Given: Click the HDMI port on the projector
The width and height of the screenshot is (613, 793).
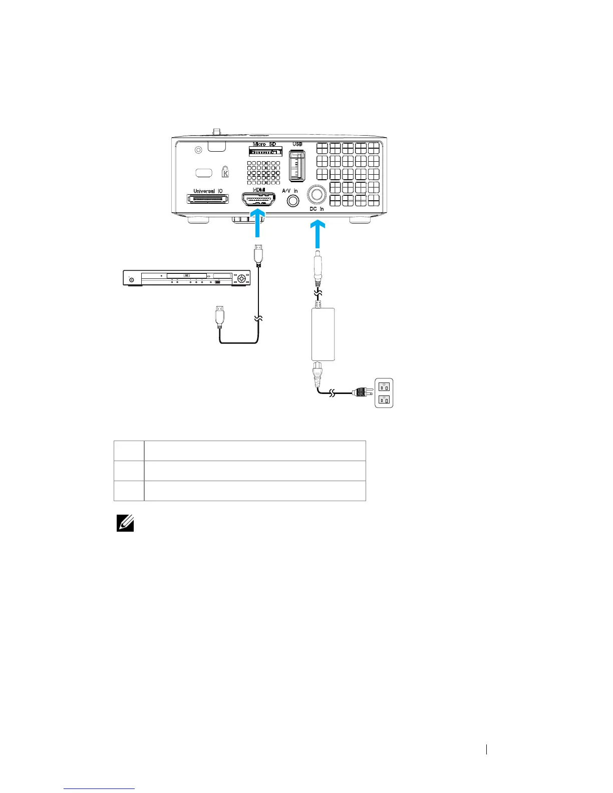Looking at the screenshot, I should pyautogui.click(x=258, y=199).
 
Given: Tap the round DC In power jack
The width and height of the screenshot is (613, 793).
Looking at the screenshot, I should pyautogui.click(x=316, y=195).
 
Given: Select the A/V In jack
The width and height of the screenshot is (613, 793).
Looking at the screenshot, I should pyautogui.click(x=292, y=201).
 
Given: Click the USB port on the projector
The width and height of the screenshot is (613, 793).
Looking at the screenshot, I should pyautogui.click(x=297, y=165).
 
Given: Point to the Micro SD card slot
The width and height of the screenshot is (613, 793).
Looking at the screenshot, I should pyautogui.click(x=265, y=152).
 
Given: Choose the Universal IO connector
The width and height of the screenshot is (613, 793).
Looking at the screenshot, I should pyautogui.click(x=208, y=199).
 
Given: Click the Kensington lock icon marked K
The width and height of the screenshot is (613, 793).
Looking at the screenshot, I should pyautogui.click(x=225, y=172).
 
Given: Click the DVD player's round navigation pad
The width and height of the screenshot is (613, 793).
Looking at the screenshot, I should pyautogui.click(x=243, y=278).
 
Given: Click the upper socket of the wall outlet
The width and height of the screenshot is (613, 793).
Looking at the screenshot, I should pyautogui.click(x=384, y=386).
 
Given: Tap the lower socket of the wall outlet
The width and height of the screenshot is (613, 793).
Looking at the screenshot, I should pyautogui.click(x=384, y=400).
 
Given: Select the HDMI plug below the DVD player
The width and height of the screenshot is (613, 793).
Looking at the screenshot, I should pyautogui.click(x=219, y=318).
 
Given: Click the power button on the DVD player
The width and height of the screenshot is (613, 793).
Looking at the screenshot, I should pyautogui.click(x=132, y=279).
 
